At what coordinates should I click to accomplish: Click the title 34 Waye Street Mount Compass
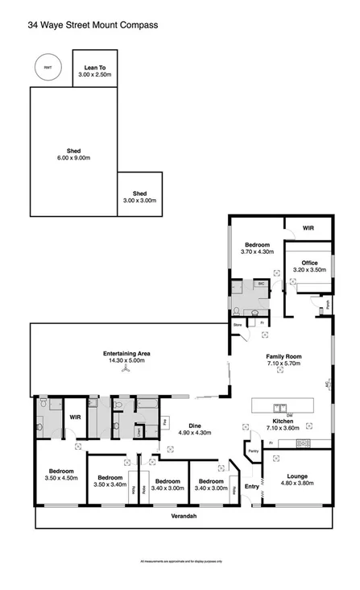pyautogui.click(x=92, y=25)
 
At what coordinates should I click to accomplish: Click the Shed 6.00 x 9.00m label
pyautogui.click(x=73, y=154)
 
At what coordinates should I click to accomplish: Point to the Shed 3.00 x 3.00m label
pyautogui.click(x=139, y=197)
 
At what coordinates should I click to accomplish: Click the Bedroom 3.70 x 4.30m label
pyautogui.click(x=258, y=248)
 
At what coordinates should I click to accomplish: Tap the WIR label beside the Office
pyautogui.click(x=308, y=228)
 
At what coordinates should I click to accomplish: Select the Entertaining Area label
pyautogui.click(x=126, y=358)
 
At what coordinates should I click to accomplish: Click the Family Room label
pyautogui.click(x=283, y=359)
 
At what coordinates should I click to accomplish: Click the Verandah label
pyautogui.click(x=184, y=516)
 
